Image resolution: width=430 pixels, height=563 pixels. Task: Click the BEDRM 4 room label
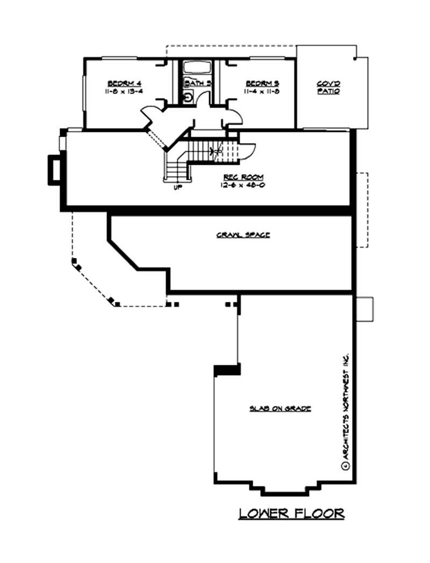[124, 83]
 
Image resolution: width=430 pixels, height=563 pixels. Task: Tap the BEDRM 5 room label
[262, 83]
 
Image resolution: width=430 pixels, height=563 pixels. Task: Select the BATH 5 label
[194, 83]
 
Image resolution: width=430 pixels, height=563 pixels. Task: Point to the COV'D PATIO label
[328, 88]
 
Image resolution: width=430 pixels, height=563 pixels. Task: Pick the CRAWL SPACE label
[243, 235]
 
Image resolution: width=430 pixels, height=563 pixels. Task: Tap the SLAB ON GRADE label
[280, 409]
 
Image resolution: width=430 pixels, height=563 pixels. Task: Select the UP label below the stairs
[178, 188]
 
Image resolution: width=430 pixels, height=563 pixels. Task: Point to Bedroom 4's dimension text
[124, 92]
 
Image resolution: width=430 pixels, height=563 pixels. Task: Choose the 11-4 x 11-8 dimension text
[262, 92]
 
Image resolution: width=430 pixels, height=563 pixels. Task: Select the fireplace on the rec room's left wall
[54, 169]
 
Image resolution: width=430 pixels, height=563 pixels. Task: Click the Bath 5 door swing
[203, 100]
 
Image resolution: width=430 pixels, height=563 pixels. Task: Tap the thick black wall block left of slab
[226, 370]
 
